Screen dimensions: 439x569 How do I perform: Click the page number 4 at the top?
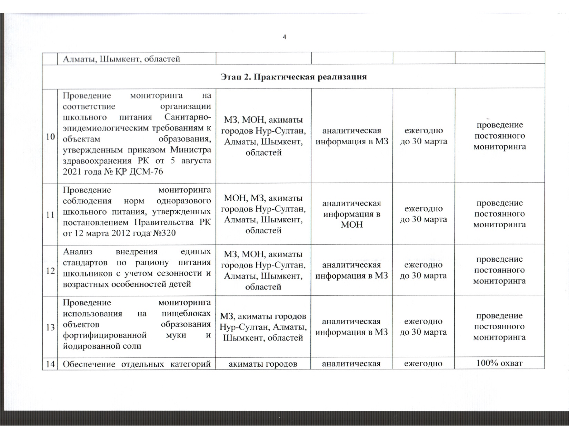click(x=284, y=37)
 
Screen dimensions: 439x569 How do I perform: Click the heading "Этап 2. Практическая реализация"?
click(x=293, y=76)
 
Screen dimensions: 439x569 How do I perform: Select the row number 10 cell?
click(x=50, y=137)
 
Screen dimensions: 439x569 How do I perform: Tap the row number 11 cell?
click(x=50, y=215)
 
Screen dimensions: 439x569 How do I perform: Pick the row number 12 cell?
click(x=50, y=271)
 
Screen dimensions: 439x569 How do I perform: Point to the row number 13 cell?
click(x=50, y=327)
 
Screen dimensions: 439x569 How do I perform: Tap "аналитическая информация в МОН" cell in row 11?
click(x=352, y=214)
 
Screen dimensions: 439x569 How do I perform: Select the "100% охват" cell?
click(x=499, y=363)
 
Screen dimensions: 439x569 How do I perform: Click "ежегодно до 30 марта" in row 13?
click(x=423, y=326)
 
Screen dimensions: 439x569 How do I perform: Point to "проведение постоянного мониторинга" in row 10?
click(x=500, y=136)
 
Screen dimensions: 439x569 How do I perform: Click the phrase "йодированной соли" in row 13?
click(x=102, y=346)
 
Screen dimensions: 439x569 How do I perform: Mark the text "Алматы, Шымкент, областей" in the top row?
click(x=121, y=59)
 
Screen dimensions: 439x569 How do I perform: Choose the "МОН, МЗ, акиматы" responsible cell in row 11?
click(x=263, y=198)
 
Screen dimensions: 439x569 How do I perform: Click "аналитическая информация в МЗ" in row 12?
click(x=352, y=270)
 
